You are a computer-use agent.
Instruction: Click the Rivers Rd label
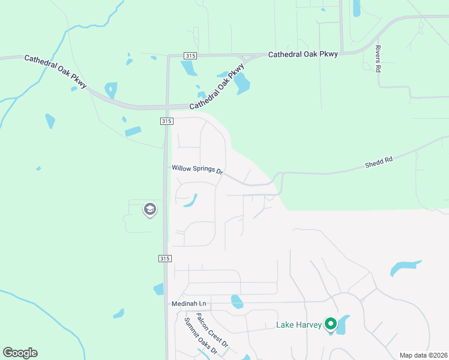(x=378, y=59)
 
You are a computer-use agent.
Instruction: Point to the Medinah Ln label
(x=188, y=304)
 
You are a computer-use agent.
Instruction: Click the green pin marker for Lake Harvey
(x=330, y=324)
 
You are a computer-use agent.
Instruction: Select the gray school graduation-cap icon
(x=149, y=209)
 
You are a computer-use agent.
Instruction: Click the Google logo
(x=20, y=353)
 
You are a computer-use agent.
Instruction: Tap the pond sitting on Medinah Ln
(x=237, y=301)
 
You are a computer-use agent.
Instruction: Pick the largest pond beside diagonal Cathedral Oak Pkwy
(x=241, y=83)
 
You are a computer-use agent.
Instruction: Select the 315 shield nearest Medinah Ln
(x=166, y=259)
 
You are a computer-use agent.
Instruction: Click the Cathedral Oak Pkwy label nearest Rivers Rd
(x=303, y=54)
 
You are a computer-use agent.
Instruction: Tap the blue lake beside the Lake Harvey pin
(x=342, y=325)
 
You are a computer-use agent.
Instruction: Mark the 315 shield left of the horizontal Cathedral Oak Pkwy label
(x=190, y=56)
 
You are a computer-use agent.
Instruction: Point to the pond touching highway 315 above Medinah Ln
(x=158, y=289)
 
